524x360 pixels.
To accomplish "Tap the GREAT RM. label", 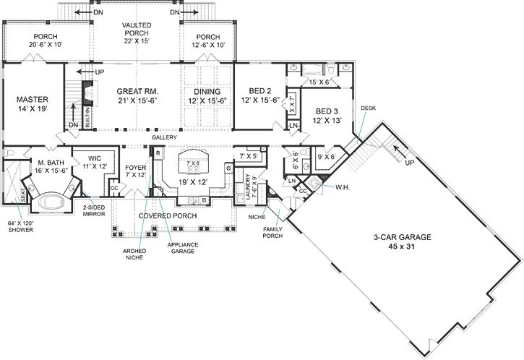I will coord(137,92).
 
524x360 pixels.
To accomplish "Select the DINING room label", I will coord(207,92).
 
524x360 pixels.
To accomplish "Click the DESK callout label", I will coord(368,108).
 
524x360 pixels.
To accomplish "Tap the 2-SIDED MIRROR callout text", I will coord(94,209).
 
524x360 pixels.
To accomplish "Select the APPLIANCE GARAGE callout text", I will coord(183,248).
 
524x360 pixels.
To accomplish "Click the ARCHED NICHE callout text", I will coord(134,254).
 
